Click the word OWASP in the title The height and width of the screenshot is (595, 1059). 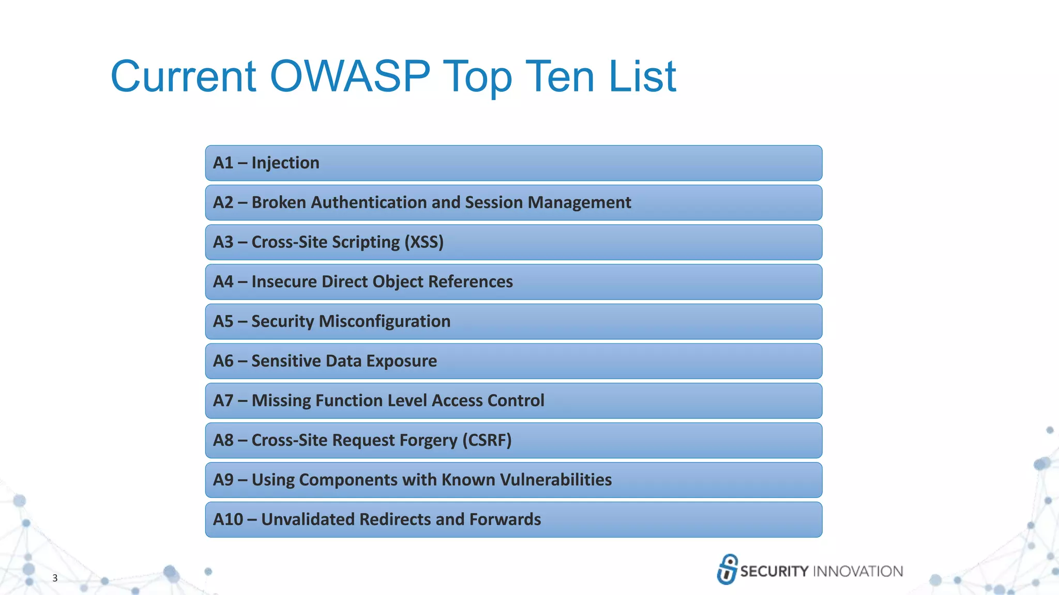click(x=350, y=76)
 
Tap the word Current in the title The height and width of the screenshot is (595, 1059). click(x=184, y=76)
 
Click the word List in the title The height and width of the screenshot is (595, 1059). click(x=642, y=76)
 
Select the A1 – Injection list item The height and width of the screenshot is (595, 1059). click(x=266, y=163)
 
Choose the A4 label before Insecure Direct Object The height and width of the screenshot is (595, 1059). click(x=223, y=282)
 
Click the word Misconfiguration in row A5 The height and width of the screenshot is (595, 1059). click(x=385, y=321)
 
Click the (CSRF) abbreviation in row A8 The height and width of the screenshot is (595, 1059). click(x=487, y=440)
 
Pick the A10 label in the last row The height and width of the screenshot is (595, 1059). click(x=228, y=520)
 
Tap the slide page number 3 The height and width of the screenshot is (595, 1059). click(x=55, y=578)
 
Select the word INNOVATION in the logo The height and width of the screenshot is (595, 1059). click(x=858, y=571)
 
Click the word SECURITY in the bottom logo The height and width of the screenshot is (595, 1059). click(x=774, y=571)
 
